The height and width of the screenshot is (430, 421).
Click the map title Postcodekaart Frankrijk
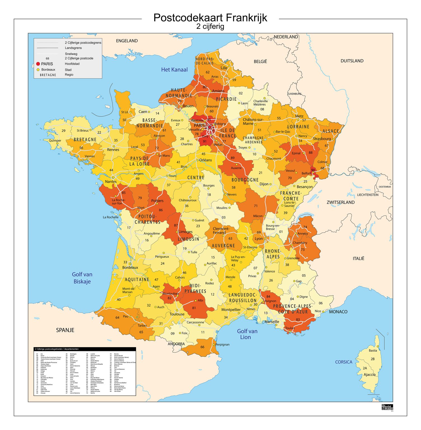pyautogui.click(x=210, y=18)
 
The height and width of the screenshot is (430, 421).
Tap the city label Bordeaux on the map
pyautogui.click(x=130, y=267)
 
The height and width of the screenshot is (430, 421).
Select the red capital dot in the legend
pyautogui.click(x=38, y=64)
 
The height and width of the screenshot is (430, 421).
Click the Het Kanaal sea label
pyautogui.click(x=174, y=70)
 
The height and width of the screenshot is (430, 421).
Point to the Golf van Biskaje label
pyautogui.click(x=82, y=278)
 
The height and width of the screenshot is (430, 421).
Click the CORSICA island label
pyautogui.click(x=343, y=362)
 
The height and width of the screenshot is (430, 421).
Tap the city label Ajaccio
pyautogui.click(x=369, y=375)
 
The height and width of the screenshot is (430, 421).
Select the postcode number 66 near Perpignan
pyautogui.click(x=202, y=347)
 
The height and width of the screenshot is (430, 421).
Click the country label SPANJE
pyautogui.click(x=65, y=330)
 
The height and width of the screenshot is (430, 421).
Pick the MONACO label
pyautogui.click(x=338, y=312)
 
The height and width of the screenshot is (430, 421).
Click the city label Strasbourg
pyautogui.click(x=322, y=139)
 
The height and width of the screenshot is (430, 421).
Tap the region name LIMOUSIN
pyautogui.click(x=188, y=239)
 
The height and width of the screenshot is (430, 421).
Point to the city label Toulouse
pyautogui.click(x=177, y=314)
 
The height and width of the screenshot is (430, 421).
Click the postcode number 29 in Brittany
pyautogui.click(x=64, y=131)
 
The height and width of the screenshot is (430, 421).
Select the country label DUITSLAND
pyautogui.click(x=352, y=61)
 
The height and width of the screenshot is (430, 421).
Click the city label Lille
pyautogui.click(x=224, y=68)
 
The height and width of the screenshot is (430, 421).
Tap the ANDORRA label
pyautogui.click(x=176, y=344)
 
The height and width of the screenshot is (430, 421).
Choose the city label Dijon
pyautogui.click(x=264, y=184)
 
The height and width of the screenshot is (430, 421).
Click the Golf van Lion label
pyautogui.click(x=247, y=334)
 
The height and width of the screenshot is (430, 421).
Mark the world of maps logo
pyautogui.click(x=387, y=407)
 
